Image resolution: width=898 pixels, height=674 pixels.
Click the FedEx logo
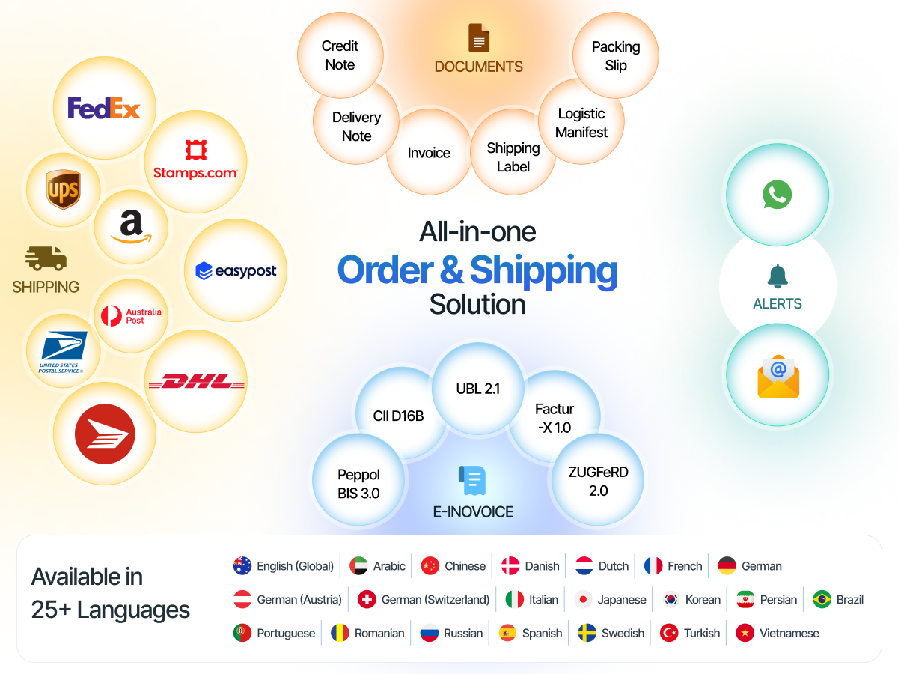[x=104, y=108]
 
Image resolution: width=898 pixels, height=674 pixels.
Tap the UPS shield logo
[x=63, y=189]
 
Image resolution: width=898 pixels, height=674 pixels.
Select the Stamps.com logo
[x=195, y=160]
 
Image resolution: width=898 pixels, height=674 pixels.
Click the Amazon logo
[x=131, y=227]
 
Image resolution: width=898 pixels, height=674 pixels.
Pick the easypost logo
[x=236, y=270]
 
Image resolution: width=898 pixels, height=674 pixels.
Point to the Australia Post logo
[x=131, y=316]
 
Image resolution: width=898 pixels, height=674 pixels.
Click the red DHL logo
[x=196, y=381]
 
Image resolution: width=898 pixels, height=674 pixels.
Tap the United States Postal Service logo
[x=63, y=352]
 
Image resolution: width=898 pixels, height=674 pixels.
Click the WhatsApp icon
[x=777, y=195]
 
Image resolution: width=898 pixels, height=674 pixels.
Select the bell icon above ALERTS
[x=778, y=276]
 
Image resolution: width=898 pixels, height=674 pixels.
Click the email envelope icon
[x=778, y=377]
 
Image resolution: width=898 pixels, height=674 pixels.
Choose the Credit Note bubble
[x=340, y=55]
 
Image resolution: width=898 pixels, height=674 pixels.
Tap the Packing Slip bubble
[x=615, y=55]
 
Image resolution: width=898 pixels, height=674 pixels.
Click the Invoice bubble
[x=429, y=152]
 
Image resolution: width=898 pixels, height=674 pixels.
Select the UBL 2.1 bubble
[x=478, y=389]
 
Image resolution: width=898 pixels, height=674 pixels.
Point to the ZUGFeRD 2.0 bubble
[x=598, y=479]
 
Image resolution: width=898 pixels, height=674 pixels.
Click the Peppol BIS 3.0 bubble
[x=358, y=479]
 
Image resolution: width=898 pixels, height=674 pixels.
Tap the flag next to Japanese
[x=582, y=600]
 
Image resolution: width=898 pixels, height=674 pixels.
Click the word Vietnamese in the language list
[x=789, y=633]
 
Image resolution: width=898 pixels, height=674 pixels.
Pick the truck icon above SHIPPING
[x=46, y=258]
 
